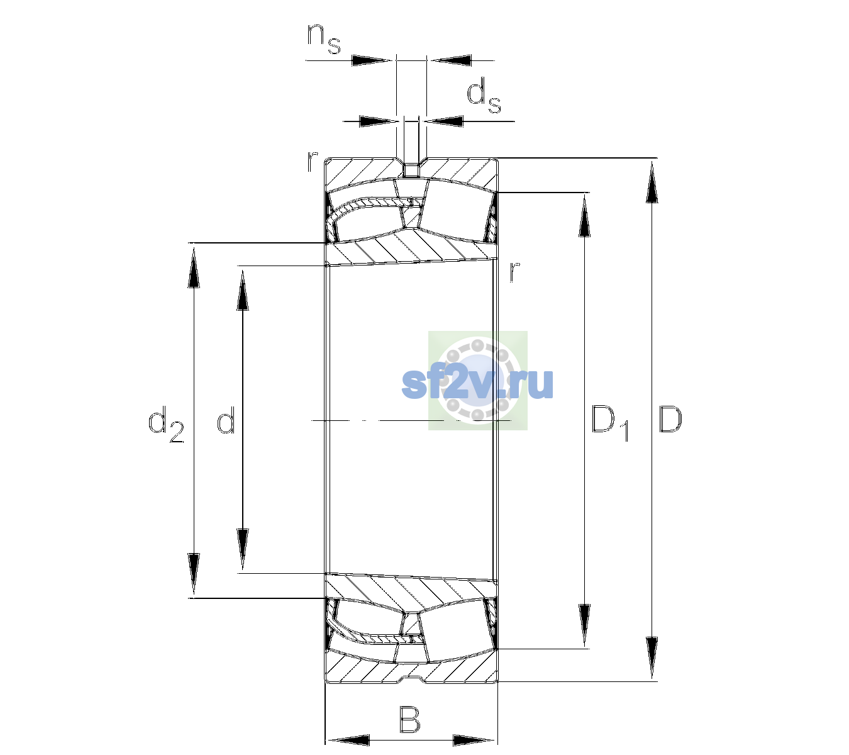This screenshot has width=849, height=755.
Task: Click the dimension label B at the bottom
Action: (409, 719)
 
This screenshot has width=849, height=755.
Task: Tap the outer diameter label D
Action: (670, 419)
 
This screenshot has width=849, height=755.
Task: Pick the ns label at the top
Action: (323, 38)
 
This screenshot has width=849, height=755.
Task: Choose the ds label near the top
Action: (484, 96)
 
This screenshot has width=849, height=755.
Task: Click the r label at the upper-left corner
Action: (312, 162)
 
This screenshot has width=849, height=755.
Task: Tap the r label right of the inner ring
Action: (514, 271)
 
